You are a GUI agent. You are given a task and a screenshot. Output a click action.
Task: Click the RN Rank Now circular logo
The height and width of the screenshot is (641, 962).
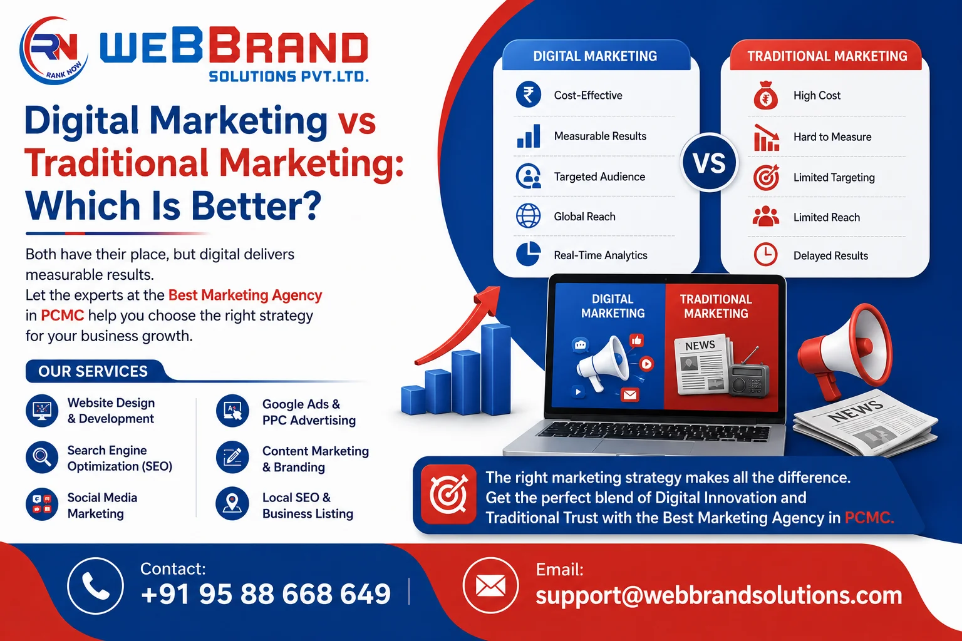click(x=53, y=50)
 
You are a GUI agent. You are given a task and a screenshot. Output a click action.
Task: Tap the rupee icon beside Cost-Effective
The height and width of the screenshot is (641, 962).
click(x=528, y=95)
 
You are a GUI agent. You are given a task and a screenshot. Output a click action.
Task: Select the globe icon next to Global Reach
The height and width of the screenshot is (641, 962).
click(x=528, y=216)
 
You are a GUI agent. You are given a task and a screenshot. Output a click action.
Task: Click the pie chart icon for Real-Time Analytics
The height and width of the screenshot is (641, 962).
click(x=528, y=254)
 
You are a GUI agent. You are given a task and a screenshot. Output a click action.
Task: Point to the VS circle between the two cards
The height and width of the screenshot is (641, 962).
click(x=710, y=163)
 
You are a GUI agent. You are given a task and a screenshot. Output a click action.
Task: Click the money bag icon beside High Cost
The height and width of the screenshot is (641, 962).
click(x=766, y=95)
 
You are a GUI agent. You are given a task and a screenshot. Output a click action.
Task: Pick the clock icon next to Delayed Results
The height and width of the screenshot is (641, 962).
click(x=766, y=255)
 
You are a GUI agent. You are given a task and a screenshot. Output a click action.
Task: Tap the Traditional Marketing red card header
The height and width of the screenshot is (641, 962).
click(x=826, y=56)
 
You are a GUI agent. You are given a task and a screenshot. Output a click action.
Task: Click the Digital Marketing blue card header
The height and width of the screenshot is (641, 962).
click(x=596, y=56)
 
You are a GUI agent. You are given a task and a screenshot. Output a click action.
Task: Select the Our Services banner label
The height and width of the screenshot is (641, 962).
click(x=93, y=371)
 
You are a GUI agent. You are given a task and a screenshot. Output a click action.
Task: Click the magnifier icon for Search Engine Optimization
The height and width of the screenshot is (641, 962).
click(x=42, y=457)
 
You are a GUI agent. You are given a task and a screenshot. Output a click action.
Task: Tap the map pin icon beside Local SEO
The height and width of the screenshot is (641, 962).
click(x=232, y=504)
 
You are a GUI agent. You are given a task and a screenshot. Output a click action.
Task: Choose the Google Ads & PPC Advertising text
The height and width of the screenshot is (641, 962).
click(x=309, y=412)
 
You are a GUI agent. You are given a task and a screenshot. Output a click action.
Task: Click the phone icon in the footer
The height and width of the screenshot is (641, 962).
click(x=95, y=586)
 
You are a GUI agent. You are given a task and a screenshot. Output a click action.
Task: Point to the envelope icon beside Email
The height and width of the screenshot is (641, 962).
click(x=490, y=585)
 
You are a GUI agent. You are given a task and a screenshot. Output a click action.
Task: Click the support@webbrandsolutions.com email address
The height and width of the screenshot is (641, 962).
click(x=719, y=595)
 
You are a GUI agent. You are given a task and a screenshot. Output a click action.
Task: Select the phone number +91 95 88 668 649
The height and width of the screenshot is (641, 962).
click(x=266, y=594)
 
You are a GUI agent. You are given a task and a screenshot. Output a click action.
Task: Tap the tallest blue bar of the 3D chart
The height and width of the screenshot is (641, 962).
click(x=496, y=369)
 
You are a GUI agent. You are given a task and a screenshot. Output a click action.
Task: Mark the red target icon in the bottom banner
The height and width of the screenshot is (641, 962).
click(x=448, y=495)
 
